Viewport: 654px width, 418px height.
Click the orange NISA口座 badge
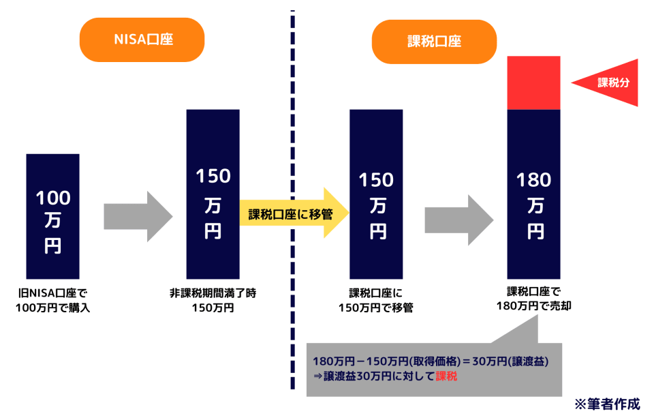142,40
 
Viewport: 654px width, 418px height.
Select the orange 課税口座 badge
434,42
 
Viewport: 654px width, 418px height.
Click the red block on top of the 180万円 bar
534,83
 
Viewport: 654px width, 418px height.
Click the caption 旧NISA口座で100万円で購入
52,301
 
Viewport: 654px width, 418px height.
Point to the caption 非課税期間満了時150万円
213,301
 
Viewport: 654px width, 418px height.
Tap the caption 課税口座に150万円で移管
376,301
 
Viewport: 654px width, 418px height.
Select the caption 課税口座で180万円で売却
534,300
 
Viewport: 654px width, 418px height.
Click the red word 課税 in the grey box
447,376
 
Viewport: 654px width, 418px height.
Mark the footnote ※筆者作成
607,403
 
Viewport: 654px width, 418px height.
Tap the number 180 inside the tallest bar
534,181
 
